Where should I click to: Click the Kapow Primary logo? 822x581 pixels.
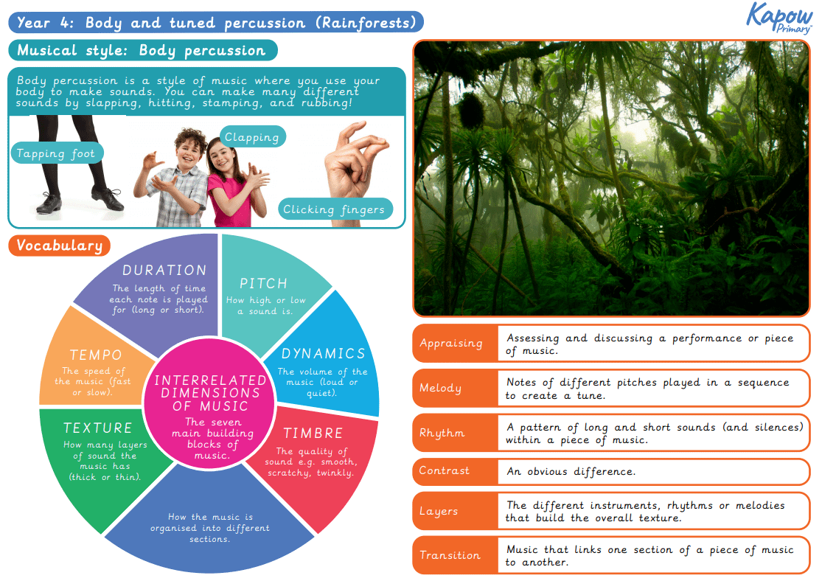(x=780, y=18)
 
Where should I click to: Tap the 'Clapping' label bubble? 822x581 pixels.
(x=252, y=137)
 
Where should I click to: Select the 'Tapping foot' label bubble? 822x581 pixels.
(x=56, y=154)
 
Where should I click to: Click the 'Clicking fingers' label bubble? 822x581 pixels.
(x=334, y=209)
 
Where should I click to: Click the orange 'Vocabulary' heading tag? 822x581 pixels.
(x=60, y=246)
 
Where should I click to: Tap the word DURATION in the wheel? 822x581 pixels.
(x=164, y=271)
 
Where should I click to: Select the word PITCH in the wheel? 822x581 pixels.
(x=263, y=284)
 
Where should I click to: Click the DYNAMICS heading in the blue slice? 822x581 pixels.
(x=323, y=354)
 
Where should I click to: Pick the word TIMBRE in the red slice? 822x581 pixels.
(x=313, y=433)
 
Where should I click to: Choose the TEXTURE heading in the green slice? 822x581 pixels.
(x=98, y=428)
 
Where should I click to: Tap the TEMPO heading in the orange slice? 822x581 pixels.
(x=95, y=355)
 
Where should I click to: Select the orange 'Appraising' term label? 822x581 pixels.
(x=451, y=344)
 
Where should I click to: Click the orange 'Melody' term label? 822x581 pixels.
(x=441, y=388)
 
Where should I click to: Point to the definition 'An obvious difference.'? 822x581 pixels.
(x=571, y=471)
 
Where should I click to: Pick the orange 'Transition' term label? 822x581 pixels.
(x=450, y=555)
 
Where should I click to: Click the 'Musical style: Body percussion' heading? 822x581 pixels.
(x=142, y=51)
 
